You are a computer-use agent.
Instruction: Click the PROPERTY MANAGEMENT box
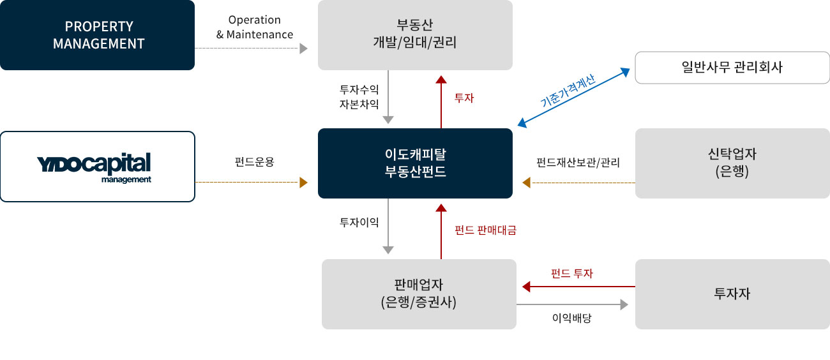pyautogui.click(x=98, y=35)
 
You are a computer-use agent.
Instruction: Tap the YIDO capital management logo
pyautogui.click(x=98, y=167)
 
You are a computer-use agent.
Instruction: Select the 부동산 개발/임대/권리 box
pyautogui.click(x=415, y=35)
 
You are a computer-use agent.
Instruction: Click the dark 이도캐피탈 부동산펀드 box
pyautogui.click(x=415, y=163)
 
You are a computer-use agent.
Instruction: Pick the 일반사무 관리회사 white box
pyautogui.click(x=731, y=68)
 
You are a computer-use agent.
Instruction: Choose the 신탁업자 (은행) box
pyautogui.click(x=731, y=163)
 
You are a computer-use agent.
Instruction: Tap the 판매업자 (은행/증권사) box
pyautogui.click(x=419, y=294)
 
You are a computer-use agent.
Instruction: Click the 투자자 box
pyautogui.click(x=732, y=294)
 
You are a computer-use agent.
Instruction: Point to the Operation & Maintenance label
pyautogui.click(x=254, y=27)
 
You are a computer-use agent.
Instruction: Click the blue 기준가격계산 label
pyautogui.click(x=568, y=90)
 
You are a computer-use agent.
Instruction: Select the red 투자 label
pyautogui.click(x=464, y=98)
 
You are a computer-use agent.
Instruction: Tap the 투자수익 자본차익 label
pyautogui.click(x=359, y=97)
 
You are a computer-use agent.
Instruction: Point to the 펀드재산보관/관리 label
pyautogui.click(x=578, y=162)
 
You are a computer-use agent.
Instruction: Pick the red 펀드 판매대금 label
pyautogui.click(x=485, y=230)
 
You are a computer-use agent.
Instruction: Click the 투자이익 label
pyautogui.click(x=359, y=222)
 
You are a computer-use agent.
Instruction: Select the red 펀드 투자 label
pyautogui.click(x=572, y=273)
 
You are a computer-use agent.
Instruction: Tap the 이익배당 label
pyautogui.click(x=572, y=317)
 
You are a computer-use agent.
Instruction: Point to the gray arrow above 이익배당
pyautogui.click(x=572, y=306)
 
